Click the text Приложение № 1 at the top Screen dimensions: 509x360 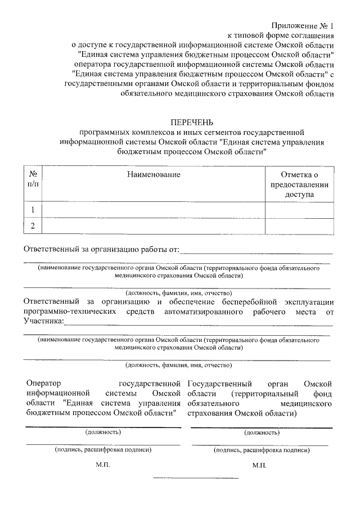[303, 26]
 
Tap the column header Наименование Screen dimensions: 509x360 [154, 174]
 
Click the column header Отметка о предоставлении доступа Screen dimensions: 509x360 [299, 184]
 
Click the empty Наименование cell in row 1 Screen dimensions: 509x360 [154, 210]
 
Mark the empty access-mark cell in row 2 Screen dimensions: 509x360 [299, 226]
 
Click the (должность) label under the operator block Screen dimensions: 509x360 [103, 432]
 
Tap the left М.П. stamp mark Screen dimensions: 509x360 [103, 466]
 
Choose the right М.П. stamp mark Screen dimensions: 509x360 [260, 466]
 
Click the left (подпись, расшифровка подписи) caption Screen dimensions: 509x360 [103, 449]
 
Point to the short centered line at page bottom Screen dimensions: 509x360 [196, 478]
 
